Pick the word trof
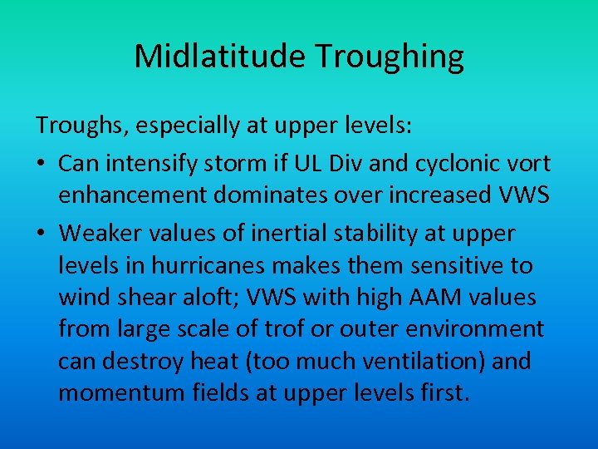pos(283,329)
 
